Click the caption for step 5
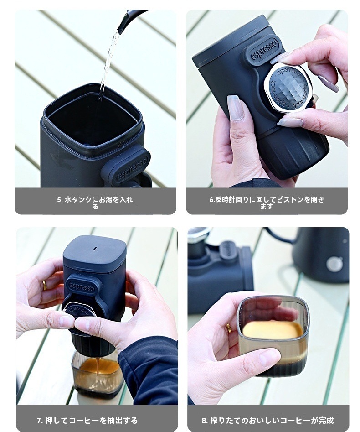click(95, 203)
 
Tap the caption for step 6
click(267, 203)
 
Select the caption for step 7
click(87, 420)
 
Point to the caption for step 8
click(267, 420)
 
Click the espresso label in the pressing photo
click(82, 286)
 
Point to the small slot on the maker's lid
click(94, 249)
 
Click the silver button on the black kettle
click(334, 264)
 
